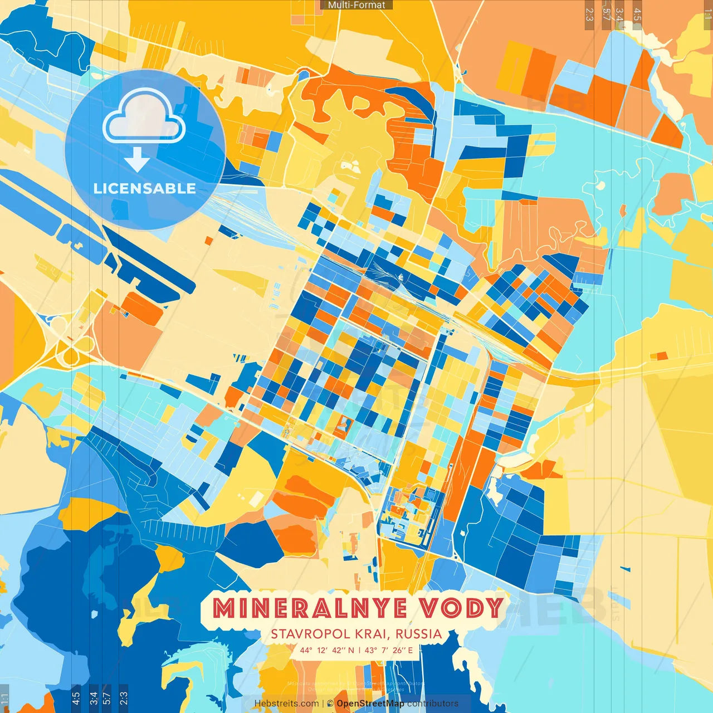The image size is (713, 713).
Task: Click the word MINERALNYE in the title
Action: tap(310, 608)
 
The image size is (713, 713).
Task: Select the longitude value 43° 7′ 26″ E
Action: tap(389, 650)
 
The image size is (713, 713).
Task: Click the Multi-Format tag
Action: tap(356, 5)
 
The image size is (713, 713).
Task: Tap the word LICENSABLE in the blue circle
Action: tap(145, 188)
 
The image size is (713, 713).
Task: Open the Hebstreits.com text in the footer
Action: tap(286, 704)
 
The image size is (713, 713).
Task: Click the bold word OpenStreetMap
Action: tap(370, 704)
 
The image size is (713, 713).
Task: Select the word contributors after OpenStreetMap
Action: tap(433, 704)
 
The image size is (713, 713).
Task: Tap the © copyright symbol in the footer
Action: tap(330, 704)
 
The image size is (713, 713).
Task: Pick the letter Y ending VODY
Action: tap(495, 608)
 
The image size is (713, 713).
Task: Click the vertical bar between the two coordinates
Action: tap(359, 650)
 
